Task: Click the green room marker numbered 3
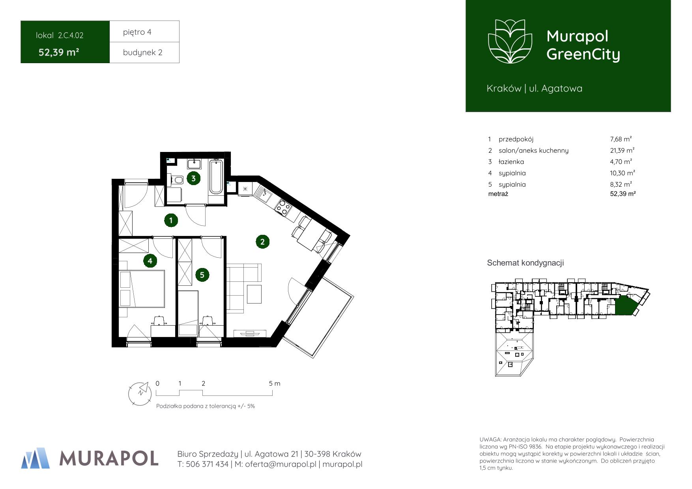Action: pos(193,178)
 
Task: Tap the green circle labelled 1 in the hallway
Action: pos(171,220)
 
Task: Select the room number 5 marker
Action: pos(202,275)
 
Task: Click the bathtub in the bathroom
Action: pos(216,176)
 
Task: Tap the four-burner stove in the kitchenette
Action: pos(283,207)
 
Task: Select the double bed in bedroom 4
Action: pos(142,289)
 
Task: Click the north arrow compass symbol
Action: pos(140,393)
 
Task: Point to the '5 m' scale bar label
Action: pos(275,384)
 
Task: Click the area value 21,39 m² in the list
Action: pos(622,150)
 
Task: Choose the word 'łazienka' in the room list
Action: pos(511,162)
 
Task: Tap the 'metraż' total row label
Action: pos(498,194)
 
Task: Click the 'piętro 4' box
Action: pos(144,32)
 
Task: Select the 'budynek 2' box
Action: pos(144,52)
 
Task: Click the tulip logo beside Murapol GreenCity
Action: pos(510,42)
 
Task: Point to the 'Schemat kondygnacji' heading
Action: pos(525,263)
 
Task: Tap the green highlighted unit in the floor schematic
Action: pos(625,306)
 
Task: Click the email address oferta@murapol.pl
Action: pos(281,465)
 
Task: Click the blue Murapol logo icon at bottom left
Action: pos(36,458)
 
